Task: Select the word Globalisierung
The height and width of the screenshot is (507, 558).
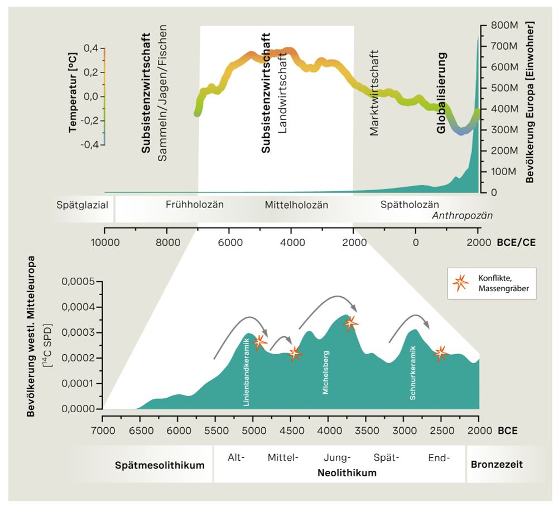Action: click(x=441, y=93)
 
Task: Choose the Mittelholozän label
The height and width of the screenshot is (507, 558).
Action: click(x=296, y=205)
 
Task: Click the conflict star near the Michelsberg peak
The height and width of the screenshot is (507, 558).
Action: click(x=350, y=323)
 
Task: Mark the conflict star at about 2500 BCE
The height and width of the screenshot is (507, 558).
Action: click(x=441, y=353)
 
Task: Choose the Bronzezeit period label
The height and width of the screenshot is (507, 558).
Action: click(x=497, y=464)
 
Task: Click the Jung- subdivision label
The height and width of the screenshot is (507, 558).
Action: click(x=337, y=458)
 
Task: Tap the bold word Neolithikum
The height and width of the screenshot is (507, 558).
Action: click(x=347, y=473)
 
